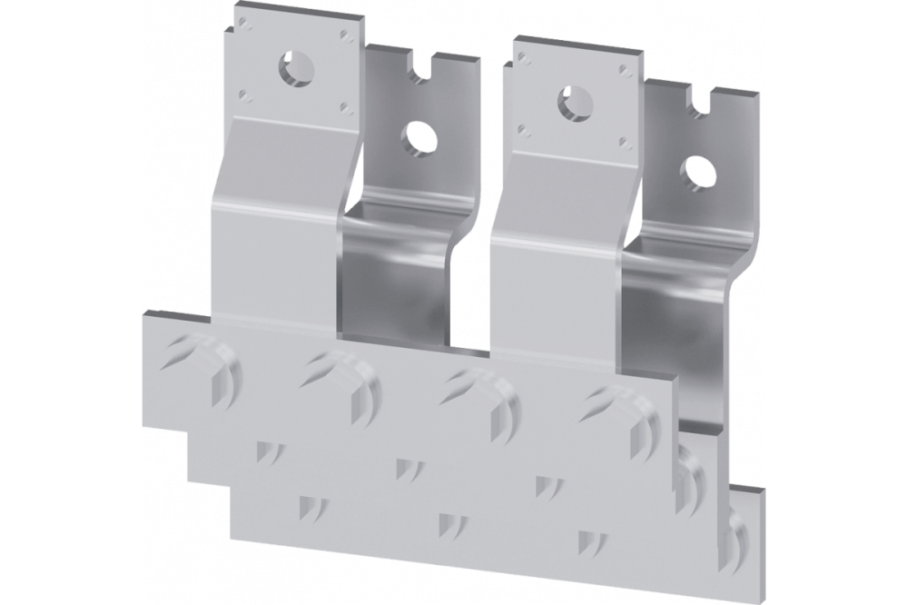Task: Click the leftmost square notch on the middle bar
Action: click(x=265, y=451)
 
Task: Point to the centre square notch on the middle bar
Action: click(x=404, y=467)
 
